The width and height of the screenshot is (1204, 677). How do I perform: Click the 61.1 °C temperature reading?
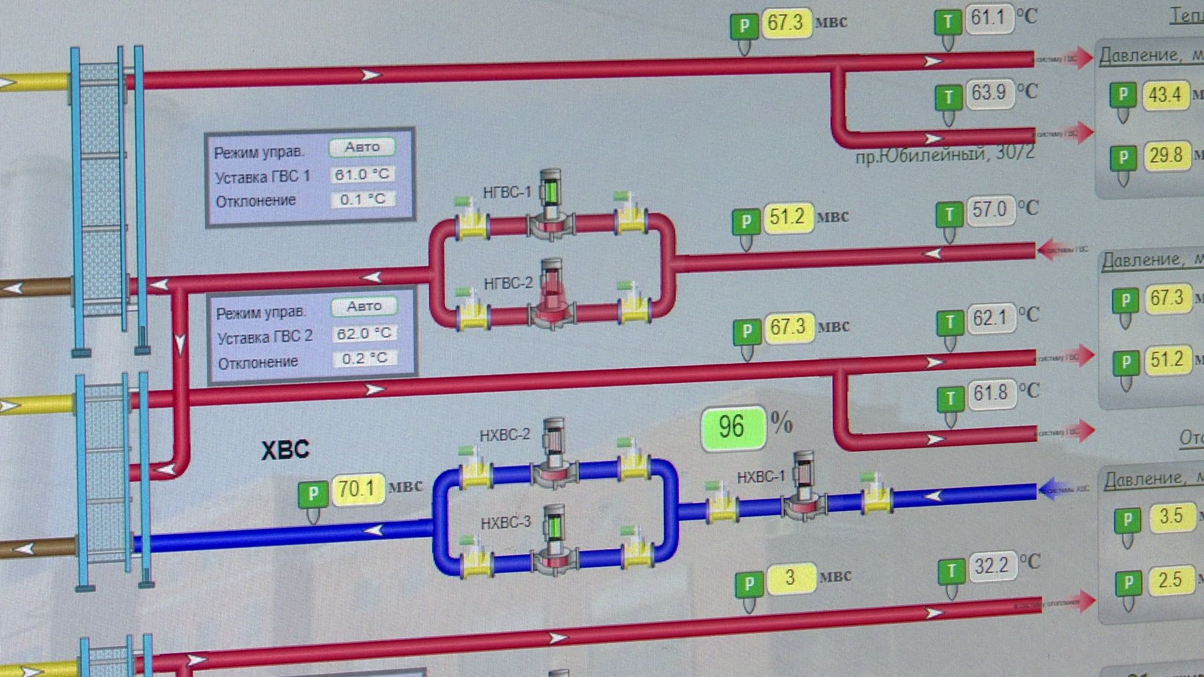[988, 18]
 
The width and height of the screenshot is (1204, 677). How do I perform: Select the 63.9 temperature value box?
[988, 93]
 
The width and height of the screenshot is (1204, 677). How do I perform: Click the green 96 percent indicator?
[732, 428]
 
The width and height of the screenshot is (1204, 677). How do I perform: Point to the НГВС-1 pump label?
[507, 192]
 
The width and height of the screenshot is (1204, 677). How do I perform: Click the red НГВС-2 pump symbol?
[551, 295]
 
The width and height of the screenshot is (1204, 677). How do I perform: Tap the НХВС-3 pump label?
[505, 522]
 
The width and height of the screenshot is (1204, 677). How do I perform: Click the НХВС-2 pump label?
[504, 434]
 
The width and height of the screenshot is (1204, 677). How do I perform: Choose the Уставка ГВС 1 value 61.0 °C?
[362, 174]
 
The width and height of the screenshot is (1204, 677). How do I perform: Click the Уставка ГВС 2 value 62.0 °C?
[364, 333]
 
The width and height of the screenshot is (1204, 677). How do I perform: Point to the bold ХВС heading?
[285, 450]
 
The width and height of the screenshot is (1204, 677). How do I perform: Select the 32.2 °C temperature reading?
[991, 566]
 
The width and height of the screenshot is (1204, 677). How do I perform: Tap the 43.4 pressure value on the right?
[1164, 95]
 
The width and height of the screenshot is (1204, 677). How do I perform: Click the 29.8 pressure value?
[1166, 155]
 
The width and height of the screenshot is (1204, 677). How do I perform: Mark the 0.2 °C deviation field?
[364, 359]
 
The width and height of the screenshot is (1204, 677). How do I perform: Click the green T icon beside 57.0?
[949, 215]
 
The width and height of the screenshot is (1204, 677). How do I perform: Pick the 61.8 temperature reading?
[990, 394]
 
